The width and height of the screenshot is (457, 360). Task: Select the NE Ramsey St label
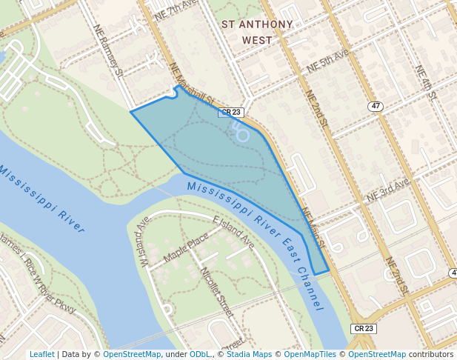click(109, 50)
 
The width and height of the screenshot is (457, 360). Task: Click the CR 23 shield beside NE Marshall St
click(231, 113)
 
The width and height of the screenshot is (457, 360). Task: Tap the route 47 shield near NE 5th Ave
click(376, 107)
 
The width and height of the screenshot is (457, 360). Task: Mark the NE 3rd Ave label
click(388, 191)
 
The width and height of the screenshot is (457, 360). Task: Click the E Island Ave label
click(233, 233)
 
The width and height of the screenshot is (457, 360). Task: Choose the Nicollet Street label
click(217, 292)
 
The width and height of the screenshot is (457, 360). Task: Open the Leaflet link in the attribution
click(42, 355)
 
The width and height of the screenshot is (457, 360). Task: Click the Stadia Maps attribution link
click(250, 355)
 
